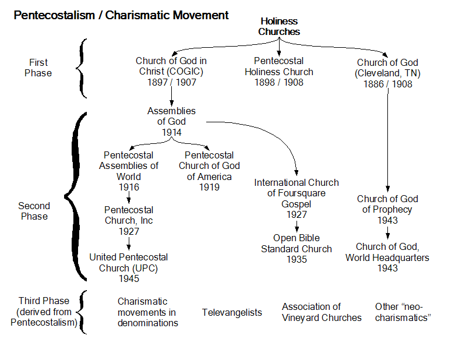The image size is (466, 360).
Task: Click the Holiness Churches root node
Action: (x=279, y=26)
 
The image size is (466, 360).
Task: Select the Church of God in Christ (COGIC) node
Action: (x=171, y=72)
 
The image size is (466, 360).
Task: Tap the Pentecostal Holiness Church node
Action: (x=284, y=72)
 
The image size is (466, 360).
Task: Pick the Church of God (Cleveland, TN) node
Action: (x=387, y=73)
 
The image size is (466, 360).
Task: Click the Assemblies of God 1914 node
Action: (x=171, y=122)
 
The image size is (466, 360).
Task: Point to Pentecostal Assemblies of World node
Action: (x=128, y=171)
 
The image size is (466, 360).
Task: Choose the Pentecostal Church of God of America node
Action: (x=209, y=171)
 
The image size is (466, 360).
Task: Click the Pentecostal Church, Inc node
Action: (x=129, y=221)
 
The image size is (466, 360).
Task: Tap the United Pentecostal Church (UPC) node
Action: (x=128, y=267)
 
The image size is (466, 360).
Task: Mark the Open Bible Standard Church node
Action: (x=296, y=248)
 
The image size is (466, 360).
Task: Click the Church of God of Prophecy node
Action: (x=387, y=210)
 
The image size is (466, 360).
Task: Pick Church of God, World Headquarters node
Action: (x=387, y=257)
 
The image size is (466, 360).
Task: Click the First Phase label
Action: (x=39, y=68)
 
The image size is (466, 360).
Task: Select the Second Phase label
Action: (x=34, y=211)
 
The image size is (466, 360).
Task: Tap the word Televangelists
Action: (x=232, y=313)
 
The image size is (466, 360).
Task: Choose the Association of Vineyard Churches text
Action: (x=322, y=312)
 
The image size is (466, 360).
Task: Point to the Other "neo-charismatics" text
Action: (x=402, y=312)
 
